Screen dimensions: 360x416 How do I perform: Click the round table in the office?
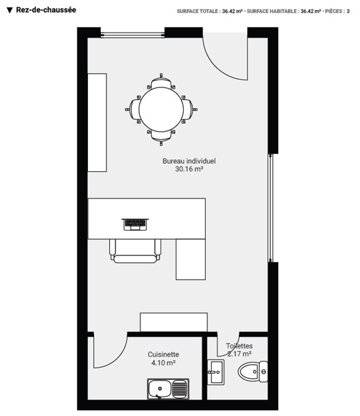161,109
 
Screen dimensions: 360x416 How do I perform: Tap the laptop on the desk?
135,225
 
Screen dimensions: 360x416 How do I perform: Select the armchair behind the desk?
135,251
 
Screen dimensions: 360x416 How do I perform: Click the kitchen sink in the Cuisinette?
168,389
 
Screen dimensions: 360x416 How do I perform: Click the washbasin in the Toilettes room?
216,372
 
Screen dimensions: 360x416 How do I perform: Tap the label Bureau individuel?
189,161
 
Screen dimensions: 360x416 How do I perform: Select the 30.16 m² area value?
189,169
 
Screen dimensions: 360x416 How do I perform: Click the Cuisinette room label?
163,355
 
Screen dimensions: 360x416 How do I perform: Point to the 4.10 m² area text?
163,362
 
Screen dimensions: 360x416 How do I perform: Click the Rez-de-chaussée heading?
46,10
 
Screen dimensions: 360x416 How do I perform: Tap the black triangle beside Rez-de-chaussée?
9,10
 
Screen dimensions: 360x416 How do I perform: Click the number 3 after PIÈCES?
348,11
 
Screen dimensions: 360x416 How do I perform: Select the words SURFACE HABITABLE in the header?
272,11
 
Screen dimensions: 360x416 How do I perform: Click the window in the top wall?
132,34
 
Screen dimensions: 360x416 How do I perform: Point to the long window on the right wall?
270,207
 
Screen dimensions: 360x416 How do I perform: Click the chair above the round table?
161,82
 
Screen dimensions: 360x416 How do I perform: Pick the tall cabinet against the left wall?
97,123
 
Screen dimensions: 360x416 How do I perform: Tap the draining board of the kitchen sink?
179,389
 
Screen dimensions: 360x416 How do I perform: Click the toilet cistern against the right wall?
263,371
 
